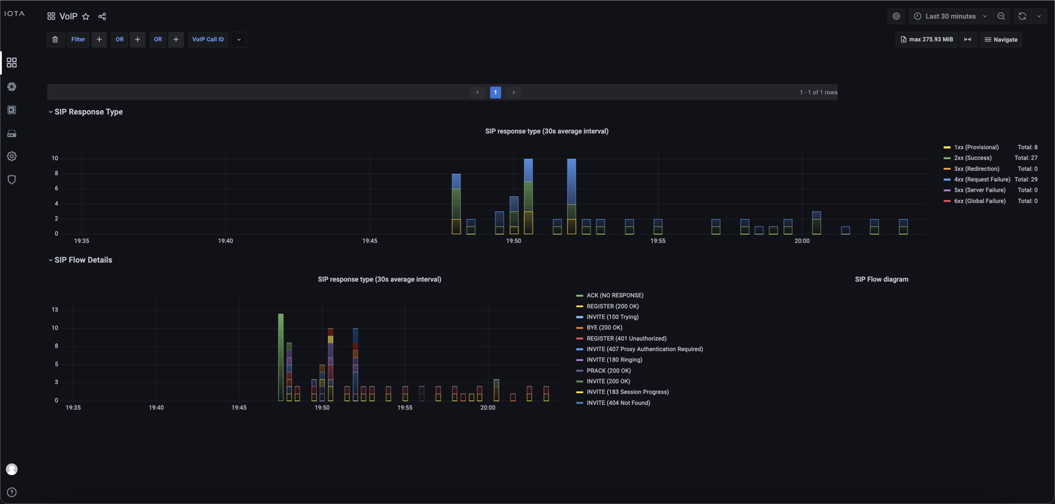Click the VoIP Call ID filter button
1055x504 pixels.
click(x=208, y=39)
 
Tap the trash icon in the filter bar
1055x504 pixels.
click(x=55, y=39)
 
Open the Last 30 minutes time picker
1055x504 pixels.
click(x=950, y=16)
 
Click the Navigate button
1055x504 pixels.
click(x=1001, y=39)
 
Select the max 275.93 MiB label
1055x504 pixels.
click(x=926, y=39)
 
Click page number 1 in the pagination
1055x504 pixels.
click(x=495, y=93)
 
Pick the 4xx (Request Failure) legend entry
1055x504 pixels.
click(x=981, y=179)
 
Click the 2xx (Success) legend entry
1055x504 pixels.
click(x=972, y=158)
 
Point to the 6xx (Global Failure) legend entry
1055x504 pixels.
click(x=979, y=201)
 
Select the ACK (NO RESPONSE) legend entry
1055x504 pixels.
click(x=614, y=295)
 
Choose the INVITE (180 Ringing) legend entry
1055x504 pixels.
click(x=614, y=360)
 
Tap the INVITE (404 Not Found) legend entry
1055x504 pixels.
click(x=617, y=403)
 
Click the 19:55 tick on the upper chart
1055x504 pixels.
click(x=658, y=241)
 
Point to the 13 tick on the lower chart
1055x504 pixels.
click(x=55, y=310)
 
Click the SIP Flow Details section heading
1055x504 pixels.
click(x=83, y=260)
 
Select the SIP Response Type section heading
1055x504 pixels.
click(x=88, y=112)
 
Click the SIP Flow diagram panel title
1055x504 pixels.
click(x=881, y=280)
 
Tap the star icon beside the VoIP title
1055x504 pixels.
click(x=85, y=16)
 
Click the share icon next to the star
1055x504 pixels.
click(x=102, y=16)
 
